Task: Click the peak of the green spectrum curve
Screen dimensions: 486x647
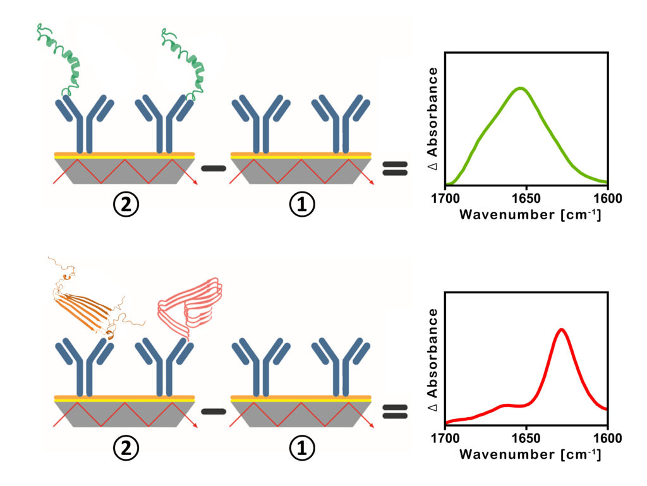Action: pos(520,88)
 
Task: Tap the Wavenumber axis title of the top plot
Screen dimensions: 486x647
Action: pos(529,215)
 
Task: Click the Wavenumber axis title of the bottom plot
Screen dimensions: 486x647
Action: pos(529,454)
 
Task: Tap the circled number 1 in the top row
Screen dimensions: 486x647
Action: pos(301,206)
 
